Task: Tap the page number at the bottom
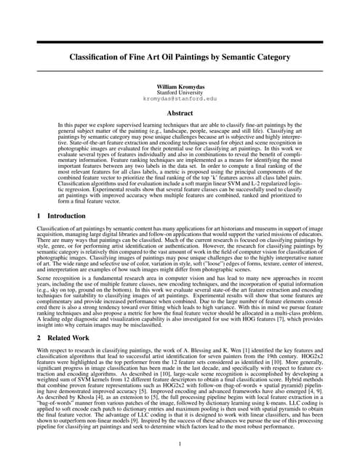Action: (x=180, y=444)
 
